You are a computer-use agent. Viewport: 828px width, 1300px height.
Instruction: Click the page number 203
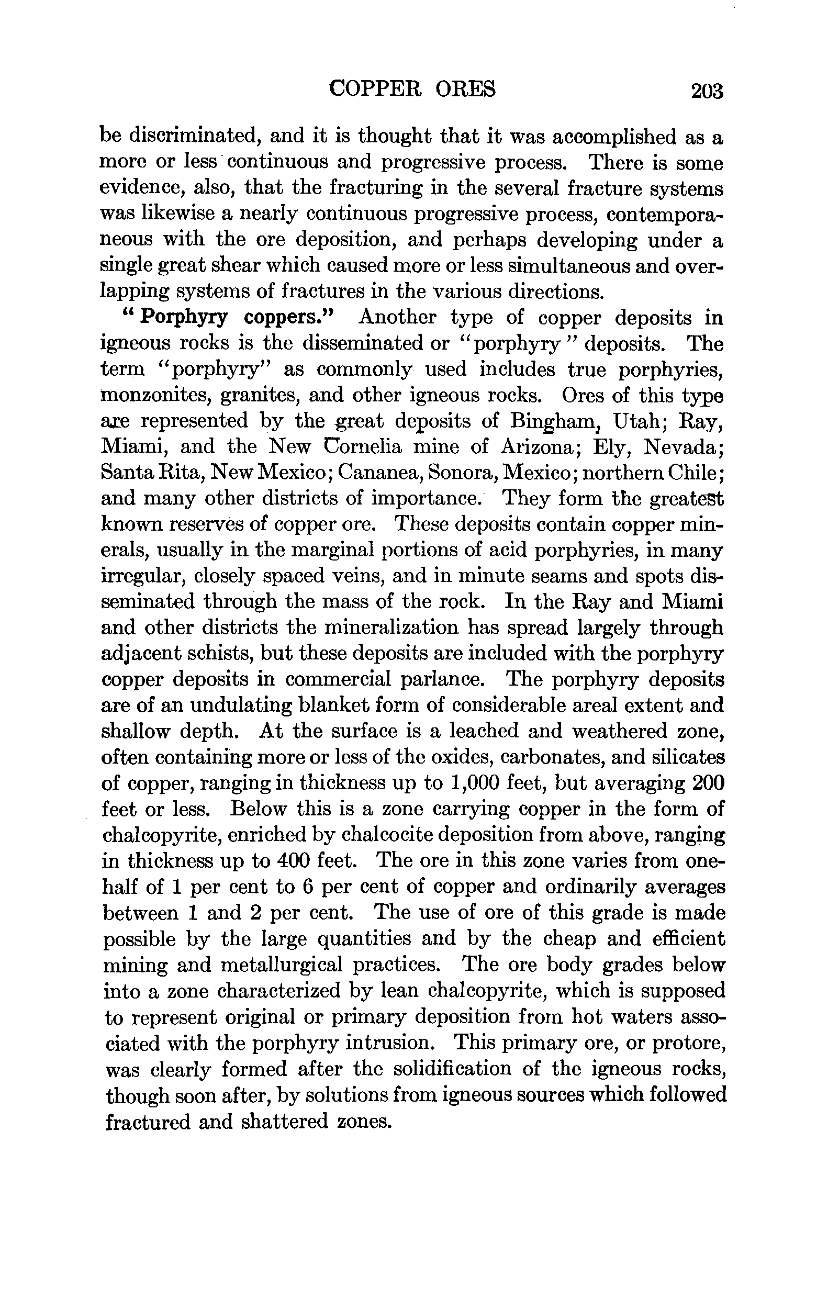coord(706,91)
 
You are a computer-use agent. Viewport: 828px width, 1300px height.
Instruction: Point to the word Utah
coord(642,421)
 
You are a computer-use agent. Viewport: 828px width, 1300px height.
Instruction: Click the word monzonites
coord(156,395)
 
